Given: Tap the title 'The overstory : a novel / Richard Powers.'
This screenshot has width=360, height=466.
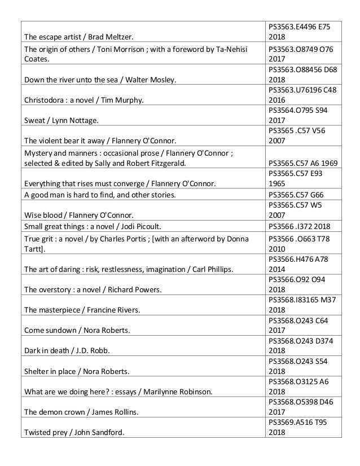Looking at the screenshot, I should [x=93, y=289].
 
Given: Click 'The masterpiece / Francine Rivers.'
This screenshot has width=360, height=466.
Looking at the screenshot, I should [x=82, y=310].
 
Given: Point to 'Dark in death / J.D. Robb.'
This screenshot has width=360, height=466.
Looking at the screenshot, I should [x=67, y=350].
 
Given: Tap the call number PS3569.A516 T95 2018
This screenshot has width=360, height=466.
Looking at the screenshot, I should [x=297, y=427].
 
